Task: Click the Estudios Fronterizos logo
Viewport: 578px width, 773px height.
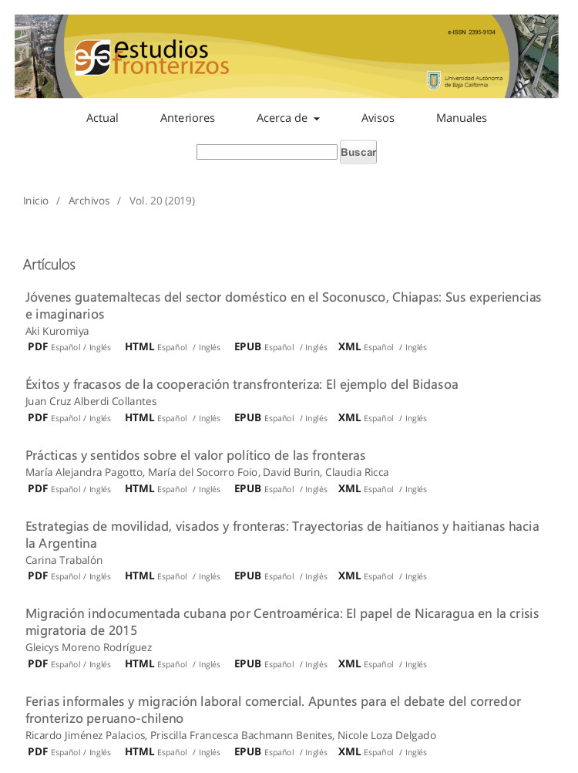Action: pos(151,58)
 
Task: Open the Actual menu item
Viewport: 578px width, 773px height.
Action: pos(102,118)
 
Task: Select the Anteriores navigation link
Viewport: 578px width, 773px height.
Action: pos(187,118)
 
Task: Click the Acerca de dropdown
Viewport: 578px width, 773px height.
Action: pos(287,118)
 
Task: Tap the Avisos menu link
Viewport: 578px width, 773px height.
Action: pos(378,118)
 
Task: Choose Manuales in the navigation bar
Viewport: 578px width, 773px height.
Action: pos(461,118)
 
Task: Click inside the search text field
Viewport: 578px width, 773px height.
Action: pos(267,152)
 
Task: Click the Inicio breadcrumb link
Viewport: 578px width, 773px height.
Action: pos(35,201)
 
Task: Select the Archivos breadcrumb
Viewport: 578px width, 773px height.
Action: pos(89,201)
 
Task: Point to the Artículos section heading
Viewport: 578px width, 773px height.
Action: pos(49,265)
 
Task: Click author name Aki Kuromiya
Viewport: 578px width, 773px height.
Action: pos(57,331)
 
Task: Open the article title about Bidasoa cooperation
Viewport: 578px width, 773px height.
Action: pos(241,384)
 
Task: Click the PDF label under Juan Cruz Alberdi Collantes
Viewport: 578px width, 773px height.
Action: pos(38,417)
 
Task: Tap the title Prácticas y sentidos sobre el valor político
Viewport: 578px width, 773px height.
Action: pos(195,455)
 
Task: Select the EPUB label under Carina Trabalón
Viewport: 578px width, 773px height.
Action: pos(247,576)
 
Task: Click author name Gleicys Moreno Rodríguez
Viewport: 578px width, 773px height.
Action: pos(89,647)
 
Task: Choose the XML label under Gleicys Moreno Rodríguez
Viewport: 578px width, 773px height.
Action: pos(349,663)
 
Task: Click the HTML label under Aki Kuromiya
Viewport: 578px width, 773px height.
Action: pos(139,346)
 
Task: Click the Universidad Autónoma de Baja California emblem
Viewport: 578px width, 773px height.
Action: pos(434,80)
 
